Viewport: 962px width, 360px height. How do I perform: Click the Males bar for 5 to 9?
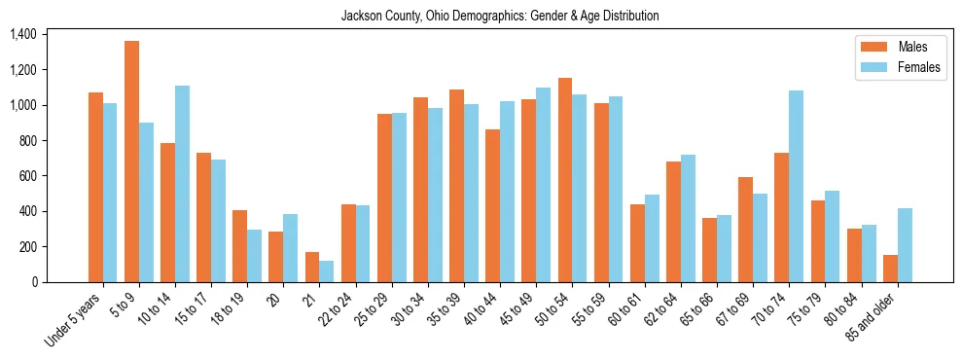coord(131,162)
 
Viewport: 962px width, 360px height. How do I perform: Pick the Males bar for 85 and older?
coord(890,269)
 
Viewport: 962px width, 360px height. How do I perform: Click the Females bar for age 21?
coord(327,271)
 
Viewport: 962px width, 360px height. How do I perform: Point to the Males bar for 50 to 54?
coord(565,180)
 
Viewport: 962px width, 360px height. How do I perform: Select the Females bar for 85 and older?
coord(905,245)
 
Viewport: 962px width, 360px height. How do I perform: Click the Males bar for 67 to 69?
coord(746,230)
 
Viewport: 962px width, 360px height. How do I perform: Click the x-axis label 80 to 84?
coord(842,313)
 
